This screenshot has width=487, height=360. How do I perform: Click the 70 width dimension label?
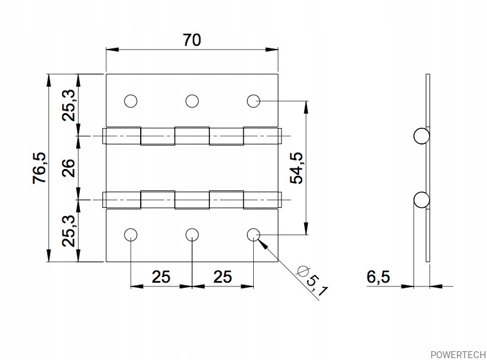192,40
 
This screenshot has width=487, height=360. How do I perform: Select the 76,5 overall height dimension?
40,168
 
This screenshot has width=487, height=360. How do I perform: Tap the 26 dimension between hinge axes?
68,168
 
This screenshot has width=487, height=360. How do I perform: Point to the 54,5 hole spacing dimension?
296,168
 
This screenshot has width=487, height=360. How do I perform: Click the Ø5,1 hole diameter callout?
312,281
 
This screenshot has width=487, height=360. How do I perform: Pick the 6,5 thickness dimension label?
378,277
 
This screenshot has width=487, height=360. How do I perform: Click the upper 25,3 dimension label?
68,106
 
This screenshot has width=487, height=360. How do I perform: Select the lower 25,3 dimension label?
68,231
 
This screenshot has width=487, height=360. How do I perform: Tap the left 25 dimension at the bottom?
161,277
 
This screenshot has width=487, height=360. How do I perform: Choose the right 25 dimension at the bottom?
222,277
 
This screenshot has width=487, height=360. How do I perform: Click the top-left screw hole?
131,101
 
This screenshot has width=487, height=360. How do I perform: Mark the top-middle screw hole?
192,101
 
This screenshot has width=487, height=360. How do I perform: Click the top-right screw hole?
253,101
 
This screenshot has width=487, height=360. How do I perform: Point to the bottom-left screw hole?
131,235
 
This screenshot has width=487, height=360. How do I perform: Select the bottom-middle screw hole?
192,235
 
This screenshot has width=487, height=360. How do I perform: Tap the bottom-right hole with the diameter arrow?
253,235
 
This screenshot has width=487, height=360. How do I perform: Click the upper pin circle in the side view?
422,136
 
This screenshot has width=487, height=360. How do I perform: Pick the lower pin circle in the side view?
422,200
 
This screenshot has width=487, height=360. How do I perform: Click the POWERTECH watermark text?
458,354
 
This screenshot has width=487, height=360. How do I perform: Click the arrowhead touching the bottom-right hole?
263,244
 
